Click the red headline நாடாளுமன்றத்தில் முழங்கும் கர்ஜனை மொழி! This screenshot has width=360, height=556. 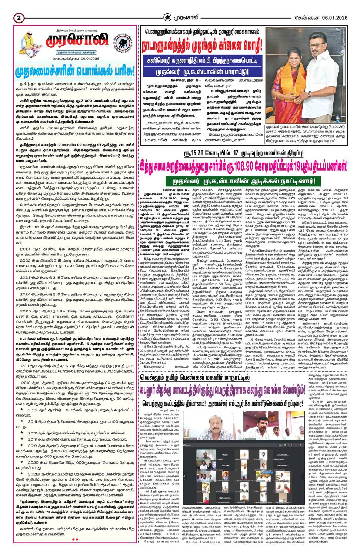pyautogui.click(x=203, y=46)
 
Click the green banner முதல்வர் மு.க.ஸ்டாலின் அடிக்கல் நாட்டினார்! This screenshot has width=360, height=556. pyautogui.click(x=246, y=182)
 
